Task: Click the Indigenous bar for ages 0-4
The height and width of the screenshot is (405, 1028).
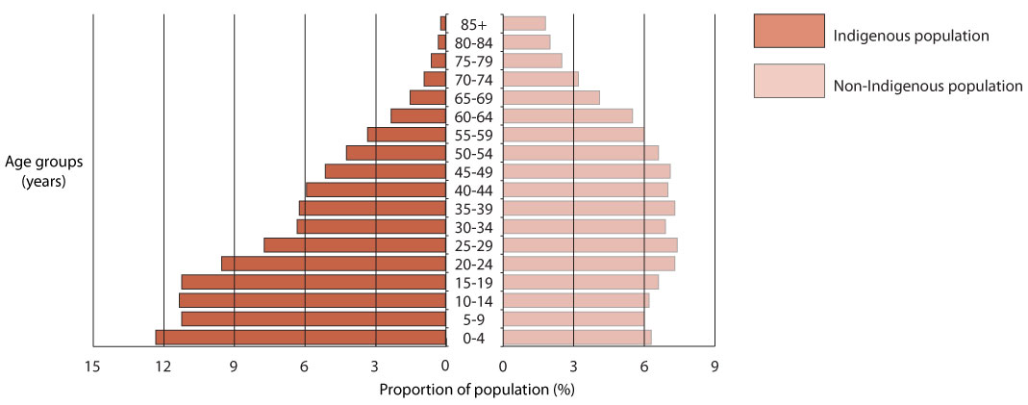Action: pyautogui.click(x=301, y=337)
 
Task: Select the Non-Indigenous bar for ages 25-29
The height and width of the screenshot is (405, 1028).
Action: pyautogui.click(x=589, y=245)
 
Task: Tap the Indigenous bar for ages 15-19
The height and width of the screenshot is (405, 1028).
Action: pyautogui.click(x=313, y=282)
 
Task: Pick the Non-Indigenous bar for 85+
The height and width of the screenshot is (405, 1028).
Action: pyautogui.click(x=524, y=23)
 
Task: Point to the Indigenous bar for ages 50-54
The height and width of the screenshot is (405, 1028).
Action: pyautogui.click(x=396, y=153)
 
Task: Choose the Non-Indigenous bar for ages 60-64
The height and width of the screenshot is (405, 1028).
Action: pyautogui.click(x=567, y=115)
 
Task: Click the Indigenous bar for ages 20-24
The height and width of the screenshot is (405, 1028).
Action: pyautogui.click(x=334, y=264)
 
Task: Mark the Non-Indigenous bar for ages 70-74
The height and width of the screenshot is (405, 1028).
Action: pyautogui.click(x=540, y=79)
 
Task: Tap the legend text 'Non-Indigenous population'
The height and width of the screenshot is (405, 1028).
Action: pyautogui.click(x=927, y=86)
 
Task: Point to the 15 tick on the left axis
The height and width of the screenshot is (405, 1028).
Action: pyautogui.click(x=92, y=366)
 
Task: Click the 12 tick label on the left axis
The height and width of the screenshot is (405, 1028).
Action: pyautogui.click(x=163, y=366)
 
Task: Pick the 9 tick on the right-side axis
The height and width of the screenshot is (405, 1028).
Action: pyautogui.click(x=715, y=366)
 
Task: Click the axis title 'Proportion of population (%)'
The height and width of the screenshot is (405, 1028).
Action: pyautogui.click(x=476, y=390)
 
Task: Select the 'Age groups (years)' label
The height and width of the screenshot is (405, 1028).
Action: pyautogui.click(x=42, y=171)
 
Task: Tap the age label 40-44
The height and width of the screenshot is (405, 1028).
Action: pyautogui.click(x=475, y=190)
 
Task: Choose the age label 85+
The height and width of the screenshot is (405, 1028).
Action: pyautogui.click(x=475, y=24)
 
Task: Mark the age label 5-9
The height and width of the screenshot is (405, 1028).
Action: pyautogui.click(x=475, y=319)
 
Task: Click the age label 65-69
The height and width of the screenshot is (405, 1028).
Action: pyautogui.click(x=475, y=98)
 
